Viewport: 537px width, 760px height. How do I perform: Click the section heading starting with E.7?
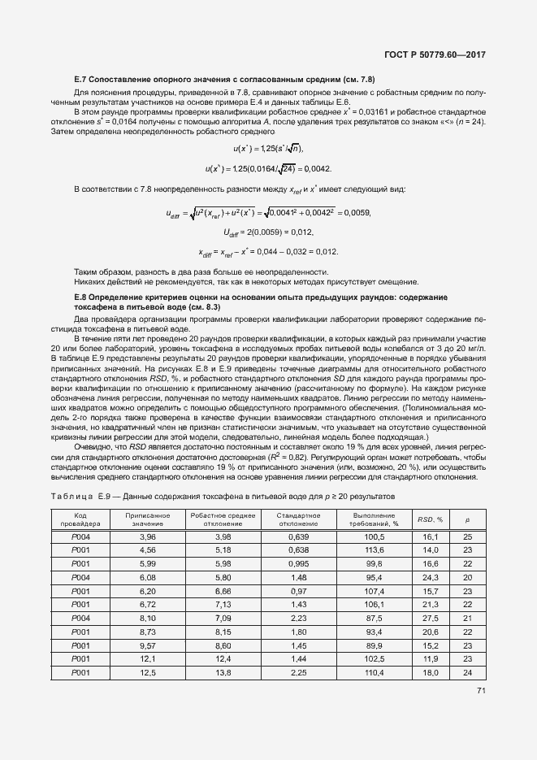click(x=224, y=79)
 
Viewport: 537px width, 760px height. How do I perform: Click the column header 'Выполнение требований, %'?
click(x=375, y=519)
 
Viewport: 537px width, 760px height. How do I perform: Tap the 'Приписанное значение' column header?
click(x=147, y=519)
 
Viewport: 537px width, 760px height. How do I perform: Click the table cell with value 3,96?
click(x=147, y=537)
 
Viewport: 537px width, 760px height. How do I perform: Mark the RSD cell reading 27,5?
click(x=430, y=618)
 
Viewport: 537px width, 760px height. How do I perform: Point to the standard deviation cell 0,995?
click(x=300, y=563)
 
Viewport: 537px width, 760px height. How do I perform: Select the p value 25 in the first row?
click(x=468, y=537)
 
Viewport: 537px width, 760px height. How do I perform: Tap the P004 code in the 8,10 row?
click(x=80, y=618)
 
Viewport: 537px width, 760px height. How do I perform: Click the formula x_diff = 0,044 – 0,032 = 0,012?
click(x=268, y=251)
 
